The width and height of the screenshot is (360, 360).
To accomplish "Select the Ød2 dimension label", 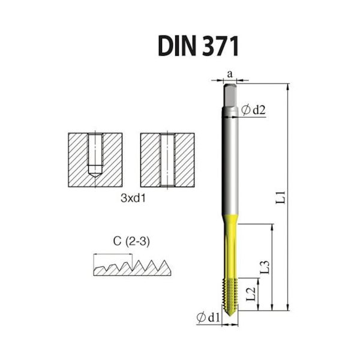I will pyautogui.click(x=253, y=110).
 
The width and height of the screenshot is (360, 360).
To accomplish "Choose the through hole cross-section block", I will pyautogui.click(x=167, y=160).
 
